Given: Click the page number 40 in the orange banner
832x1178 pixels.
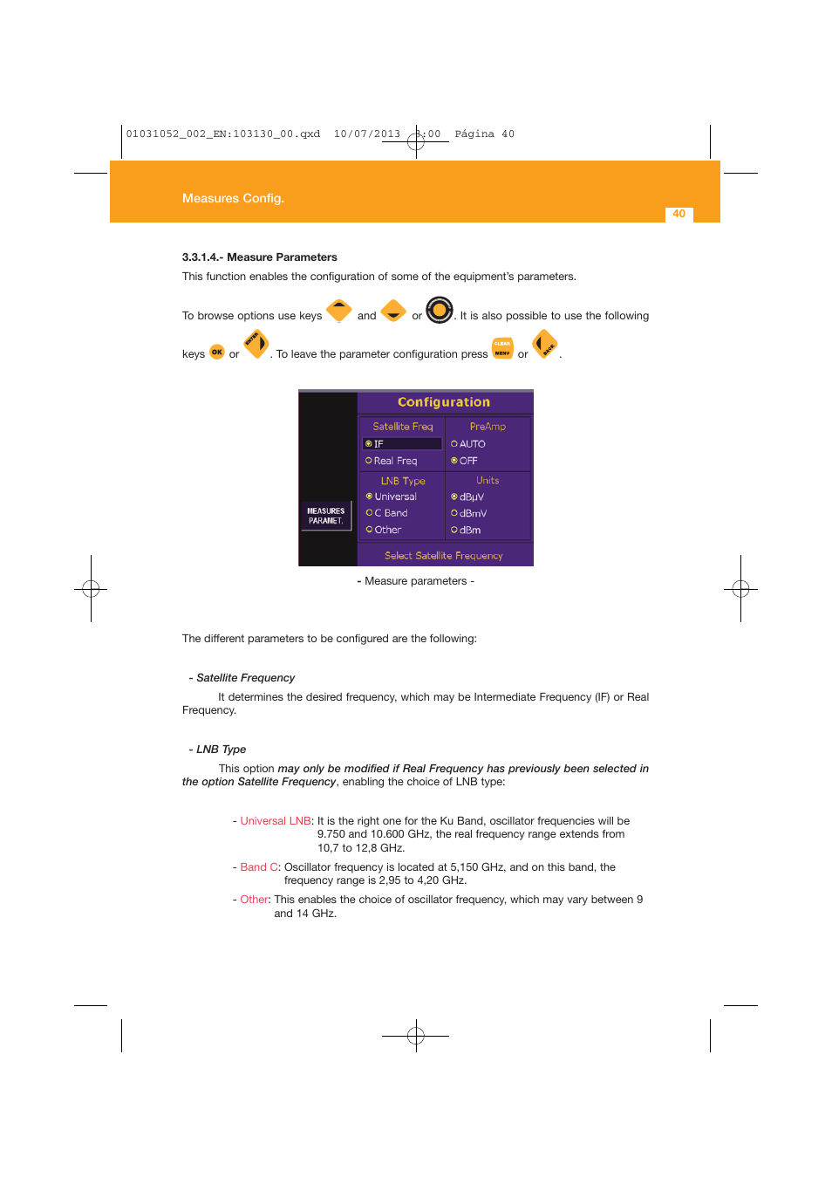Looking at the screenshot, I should click(679, 214).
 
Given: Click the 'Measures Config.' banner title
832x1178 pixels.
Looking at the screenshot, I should click(233, 198).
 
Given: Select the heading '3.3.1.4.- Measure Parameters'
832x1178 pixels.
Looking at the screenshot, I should click(259, 257).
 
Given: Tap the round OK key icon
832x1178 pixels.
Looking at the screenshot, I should click(217, 352).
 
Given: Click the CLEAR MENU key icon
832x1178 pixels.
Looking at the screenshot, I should click(502, 347).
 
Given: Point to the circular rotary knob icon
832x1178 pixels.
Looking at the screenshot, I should click(440, 310).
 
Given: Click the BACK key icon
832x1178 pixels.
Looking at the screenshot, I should click(545, 346).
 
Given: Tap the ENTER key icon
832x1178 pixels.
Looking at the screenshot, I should click(256, 344).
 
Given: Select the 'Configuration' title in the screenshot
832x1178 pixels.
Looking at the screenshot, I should click(443, 402).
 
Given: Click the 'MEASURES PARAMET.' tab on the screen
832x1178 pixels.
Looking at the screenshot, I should click(325, 516).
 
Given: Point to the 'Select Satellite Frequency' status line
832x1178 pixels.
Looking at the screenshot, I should click(443, 556).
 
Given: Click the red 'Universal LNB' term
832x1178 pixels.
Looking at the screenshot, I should click(276, 821).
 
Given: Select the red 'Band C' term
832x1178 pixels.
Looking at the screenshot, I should click(259, 867).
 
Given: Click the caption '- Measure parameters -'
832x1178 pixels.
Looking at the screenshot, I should click(416, 581).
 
